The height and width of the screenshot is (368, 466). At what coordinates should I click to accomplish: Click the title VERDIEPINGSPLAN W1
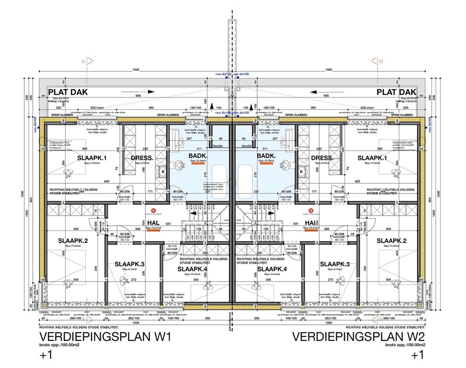[105, 337]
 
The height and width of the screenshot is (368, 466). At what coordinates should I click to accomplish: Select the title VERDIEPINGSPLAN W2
[358, 337]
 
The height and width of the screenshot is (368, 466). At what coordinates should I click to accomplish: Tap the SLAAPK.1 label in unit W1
[92, 158]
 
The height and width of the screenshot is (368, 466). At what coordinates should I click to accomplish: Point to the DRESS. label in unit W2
[322, 158]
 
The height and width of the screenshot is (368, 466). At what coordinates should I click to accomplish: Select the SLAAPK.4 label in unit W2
[272, 269]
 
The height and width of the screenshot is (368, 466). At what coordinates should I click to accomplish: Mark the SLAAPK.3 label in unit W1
[129, 264]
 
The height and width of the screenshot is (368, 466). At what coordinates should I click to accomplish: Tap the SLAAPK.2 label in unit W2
[391, 241]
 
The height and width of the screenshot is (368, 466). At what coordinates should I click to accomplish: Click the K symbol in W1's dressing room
[162, 172]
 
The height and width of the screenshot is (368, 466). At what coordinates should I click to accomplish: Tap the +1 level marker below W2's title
[417, 355]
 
